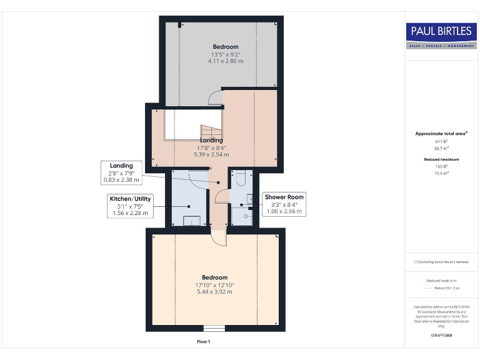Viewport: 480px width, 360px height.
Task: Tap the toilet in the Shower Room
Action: point(242,179)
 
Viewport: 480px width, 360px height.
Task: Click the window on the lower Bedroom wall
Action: point(214,328)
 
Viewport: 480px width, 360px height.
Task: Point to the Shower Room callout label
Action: point(284,204)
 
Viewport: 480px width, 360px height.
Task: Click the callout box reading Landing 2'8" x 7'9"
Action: point(121,172)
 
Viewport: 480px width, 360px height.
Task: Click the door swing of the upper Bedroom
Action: point(216,97)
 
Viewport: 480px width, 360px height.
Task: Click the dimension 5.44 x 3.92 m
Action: point(214,292)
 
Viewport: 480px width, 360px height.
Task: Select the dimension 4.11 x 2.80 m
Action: point(225,61)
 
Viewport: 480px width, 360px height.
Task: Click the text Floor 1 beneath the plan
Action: point(204,342)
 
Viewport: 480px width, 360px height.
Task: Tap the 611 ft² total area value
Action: point(441,142)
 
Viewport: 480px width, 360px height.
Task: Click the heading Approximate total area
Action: point(441,134)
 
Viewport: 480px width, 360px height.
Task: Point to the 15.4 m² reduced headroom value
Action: point(441,173)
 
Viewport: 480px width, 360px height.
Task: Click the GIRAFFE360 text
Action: point(441,336)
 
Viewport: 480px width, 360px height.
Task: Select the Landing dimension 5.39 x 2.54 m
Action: point(211,154)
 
